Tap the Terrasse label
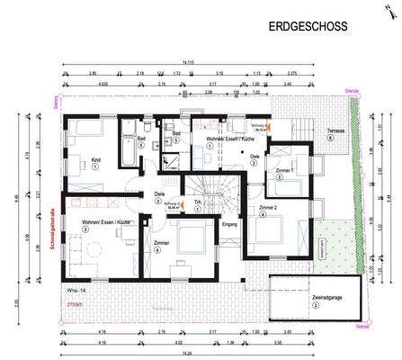[336, 130]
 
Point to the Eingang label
[228, 224]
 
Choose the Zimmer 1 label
[284, 170]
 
